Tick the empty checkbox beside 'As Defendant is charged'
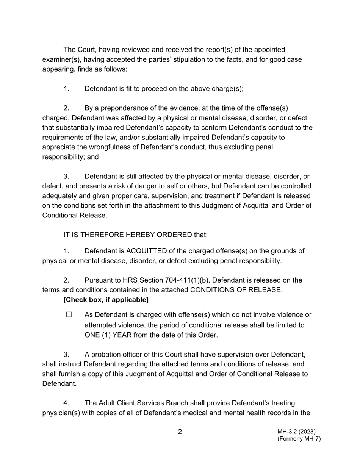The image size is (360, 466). click(69, 315)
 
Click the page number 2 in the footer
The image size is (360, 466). click(180, 432)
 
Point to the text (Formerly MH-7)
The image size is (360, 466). click(299, 439)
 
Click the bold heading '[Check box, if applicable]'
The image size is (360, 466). click(106, 300)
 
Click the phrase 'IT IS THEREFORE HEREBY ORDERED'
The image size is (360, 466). click(128, 235)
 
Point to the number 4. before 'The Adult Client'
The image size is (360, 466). click(66, 403)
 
